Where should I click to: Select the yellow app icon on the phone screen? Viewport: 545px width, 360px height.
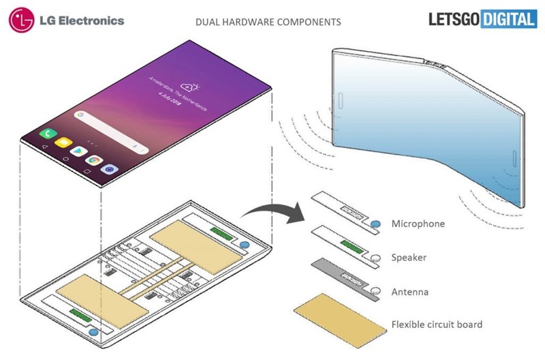tap(64, 145)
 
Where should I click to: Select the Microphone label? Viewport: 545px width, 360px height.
tap(418, 224)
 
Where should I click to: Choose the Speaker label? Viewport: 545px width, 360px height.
tap(409, 258)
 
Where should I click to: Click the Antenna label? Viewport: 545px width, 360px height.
tap(410, 292)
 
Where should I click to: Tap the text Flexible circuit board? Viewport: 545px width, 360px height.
tap(437, 325)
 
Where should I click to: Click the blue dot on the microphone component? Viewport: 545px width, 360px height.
tap(376, 224)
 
